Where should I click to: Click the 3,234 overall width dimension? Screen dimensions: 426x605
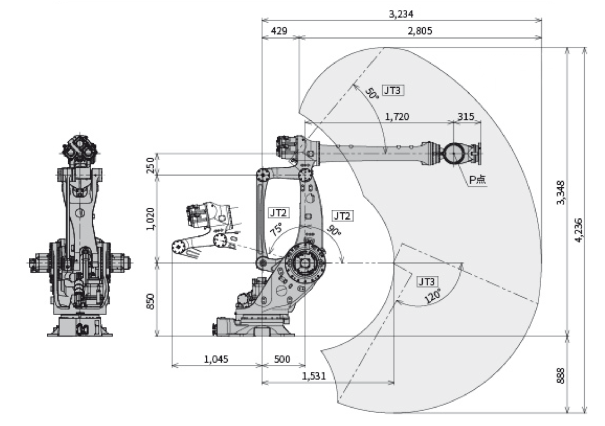[402, 14]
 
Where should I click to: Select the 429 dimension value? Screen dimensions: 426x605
[279, 31]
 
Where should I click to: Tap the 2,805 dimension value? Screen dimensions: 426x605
[420, 31]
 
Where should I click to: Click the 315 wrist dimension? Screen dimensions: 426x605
[466, 117]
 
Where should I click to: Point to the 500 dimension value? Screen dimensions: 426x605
[283, 359]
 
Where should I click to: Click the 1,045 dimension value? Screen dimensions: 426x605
[216, 359]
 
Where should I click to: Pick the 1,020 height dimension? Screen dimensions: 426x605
[151, 218]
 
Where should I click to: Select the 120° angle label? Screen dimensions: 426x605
[433, 297]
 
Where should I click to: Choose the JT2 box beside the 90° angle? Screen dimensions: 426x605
[342, 215]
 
